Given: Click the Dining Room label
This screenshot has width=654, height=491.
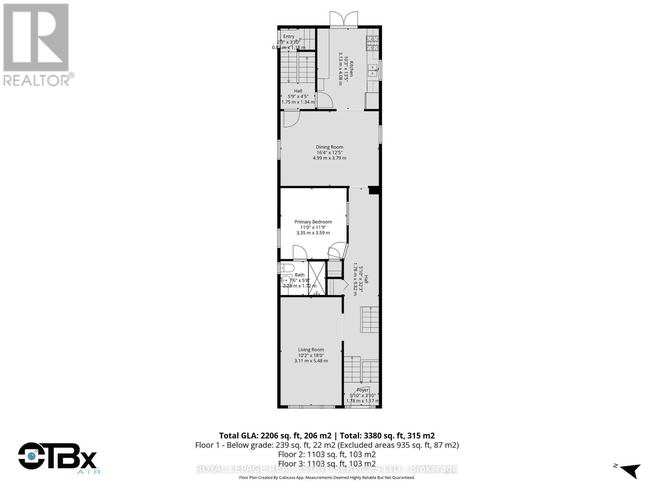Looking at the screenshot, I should tap(329, 147).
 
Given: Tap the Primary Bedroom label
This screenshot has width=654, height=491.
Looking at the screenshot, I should tap(313, 222).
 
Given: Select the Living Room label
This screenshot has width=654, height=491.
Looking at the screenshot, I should tap(311, 349).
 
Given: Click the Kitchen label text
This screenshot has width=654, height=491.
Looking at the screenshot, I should tap(351, 69).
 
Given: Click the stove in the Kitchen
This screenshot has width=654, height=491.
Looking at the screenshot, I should tap(372, 40).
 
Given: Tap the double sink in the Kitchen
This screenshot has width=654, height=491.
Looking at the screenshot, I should tap(373, 71).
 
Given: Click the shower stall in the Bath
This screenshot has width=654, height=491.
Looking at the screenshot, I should tap(317, 278).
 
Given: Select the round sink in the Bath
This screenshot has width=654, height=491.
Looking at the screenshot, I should tap(285, 281).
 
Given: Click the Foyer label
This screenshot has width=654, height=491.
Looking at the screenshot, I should tap(363, 390).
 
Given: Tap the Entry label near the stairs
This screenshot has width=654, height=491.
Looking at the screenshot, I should tap(289, 36).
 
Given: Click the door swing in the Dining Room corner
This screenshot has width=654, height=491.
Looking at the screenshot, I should tap(291, 119).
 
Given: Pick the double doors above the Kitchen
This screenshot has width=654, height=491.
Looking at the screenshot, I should tap(344, 19).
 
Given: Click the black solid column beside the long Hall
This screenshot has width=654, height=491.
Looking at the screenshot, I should tap(374, 190).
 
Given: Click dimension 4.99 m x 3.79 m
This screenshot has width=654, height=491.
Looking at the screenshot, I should tap(329, 158).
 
